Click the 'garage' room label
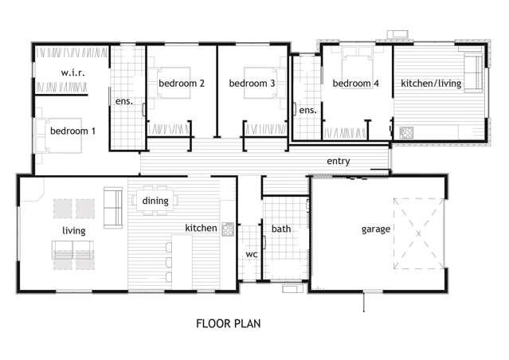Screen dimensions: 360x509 (375, 229)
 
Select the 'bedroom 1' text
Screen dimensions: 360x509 (73, 131)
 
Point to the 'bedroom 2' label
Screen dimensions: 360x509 (182, 83)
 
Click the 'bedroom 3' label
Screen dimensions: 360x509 (252, 83)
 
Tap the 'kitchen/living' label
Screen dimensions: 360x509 (431, 83)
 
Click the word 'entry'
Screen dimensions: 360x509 (339, 161)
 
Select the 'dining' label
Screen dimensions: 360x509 (155, 201)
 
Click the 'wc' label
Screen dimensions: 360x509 (250, 254)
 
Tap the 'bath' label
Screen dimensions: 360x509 (281, 229)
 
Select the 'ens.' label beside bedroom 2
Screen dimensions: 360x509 (123, 101)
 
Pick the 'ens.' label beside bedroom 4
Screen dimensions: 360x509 (308, 110)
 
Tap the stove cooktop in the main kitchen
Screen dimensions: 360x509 (227, 229)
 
